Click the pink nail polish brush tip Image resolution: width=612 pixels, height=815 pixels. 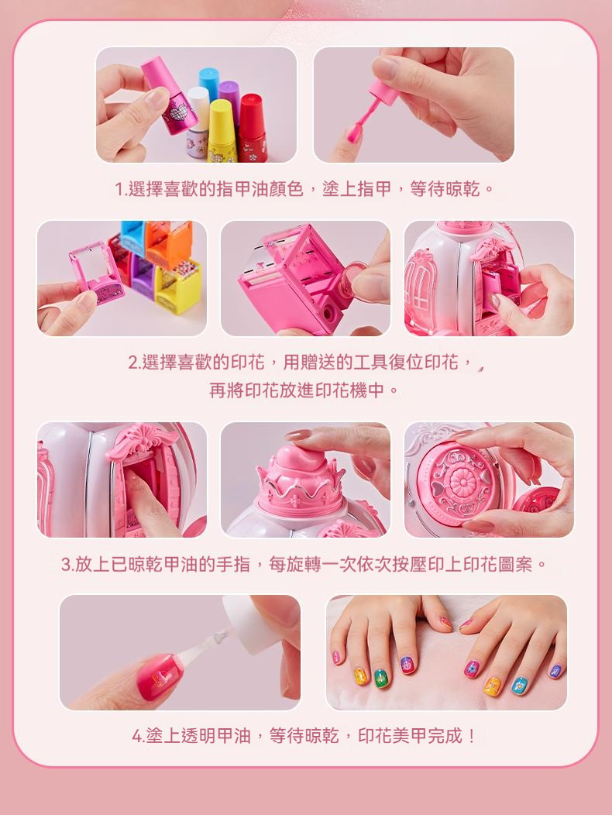click(x=353, y=132)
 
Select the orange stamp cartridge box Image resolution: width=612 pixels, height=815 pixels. click(x=169, y=243)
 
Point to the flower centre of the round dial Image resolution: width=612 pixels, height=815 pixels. click(x=462, y=482)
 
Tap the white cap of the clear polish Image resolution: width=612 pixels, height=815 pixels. click(x=246, y=624)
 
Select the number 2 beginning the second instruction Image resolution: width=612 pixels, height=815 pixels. click(x=132, y=363)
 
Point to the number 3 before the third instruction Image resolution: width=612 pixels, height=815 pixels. click(x=66, y=565)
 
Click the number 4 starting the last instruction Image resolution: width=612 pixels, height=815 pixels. click(x=137, y=737)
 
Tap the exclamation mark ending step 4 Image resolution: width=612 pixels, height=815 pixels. click(x=471, y=736)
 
